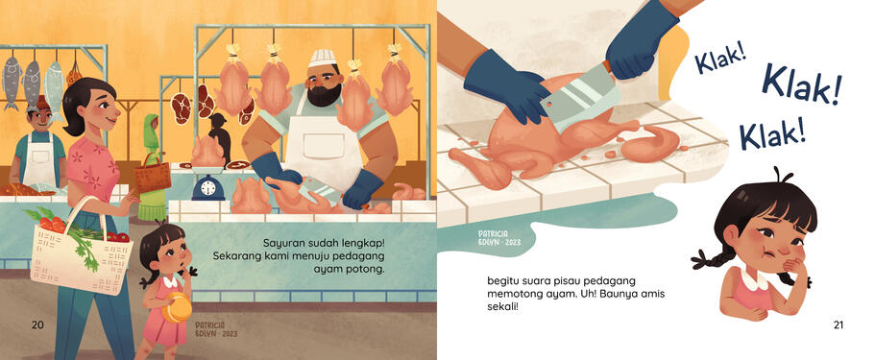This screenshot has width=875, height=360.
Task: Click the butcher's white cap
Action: [323, 58]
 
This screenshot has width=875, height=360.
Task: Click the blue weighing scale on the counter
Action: [208, 188]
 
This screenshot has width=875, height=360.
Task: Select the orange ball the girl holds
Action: [177, 307]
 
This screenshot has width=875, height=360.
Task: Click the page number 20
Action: [37, 324]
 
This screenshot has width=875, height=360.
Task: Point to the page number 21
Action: [838, 324]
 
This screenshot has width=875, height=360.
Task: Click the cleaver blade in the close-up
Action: [576, 98]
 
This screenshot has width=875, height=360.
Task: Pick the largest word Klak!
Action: [801, 85]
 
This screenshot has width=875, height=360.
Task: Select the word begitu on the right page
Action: [502, 280]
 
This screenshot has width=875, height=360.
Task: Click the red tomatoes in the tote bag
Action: [52, 225]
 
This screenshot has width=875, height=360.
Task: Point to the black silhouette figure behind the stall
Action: [219, 135]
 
